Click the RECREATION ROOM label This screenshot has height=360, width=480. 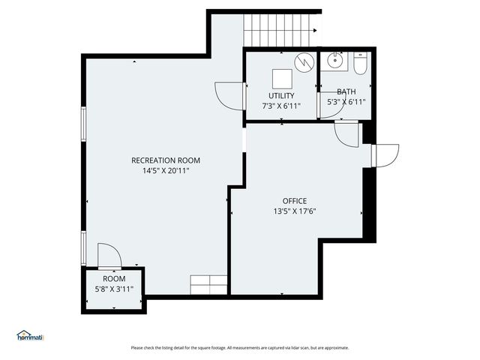(x=166, y=160)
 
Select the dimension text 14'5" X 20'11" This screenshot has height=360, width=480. (x=166, y=171)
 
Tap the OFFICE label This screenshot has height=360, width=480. (x=294, y=200)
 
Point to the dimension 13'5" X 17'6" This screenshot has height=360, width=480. (x=294, y=211)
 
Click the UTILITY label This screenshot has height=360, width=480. (x=281, y=95)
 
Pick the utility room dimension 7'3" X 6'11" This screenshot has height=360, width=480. (x=281, y=106)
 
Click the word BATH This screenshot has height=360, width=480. (x=346, y=91)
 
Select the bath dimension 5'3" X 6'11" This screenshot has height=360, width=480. (x=346, y=102)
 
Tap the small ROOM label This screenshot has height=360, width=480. (x=114, y=278)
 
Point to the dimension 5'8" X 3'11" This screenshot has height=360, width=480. (x=114, y=289)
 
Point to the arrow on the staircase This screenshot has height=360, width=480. (x=316, y=31)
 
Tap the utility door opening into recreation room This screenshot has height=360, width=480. (x=229, y=94)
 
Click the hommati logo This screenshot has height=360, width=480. (x=30, y=335)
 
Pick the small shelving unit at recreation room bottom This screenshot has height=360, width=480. (x=209, y=284)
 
